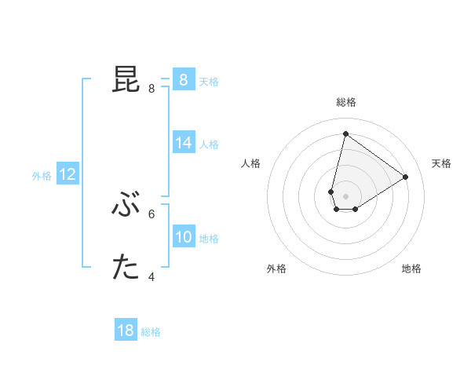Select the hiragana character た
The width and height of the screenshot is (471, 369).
click(126, 269)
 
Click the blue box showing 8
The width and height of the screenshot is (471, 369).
click(183, 79)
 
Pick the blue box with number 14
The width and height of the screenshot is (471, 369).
click(183, 143)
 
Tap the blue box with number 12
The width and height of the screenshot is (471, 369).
click(67, 174)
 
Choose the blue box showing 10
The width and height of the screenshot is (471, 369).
click(183, 237)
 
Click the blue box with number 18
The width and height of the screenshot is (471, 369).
click(126, 331)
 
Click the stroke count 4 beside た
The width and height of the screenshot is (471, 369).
click(152, 276)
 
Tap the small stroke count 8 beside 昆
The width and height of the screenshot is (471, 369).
click(152, 89)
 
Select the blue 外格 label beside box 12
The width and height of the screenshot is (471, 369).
click(42, 176)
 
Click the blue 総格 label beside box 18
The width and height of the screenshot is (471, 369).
click(151, 332)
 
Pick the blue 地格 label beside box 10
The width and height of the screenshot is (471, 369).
click(209, 239)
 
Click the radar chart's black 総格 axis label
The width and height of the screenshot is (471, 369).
click(345, 102)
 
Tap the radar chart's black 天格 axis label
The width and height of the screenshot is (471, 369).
click(441, 163)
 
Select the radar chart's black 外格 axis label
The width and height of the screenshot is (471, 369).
click(276, 269)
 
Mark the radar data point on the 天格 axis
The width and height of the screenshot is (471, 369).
click(405, 177)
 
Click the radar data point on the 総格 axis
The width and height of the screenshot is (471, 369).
click(345, 133)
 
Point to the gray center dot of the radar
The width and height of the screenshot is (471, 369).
click(345, 195)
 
